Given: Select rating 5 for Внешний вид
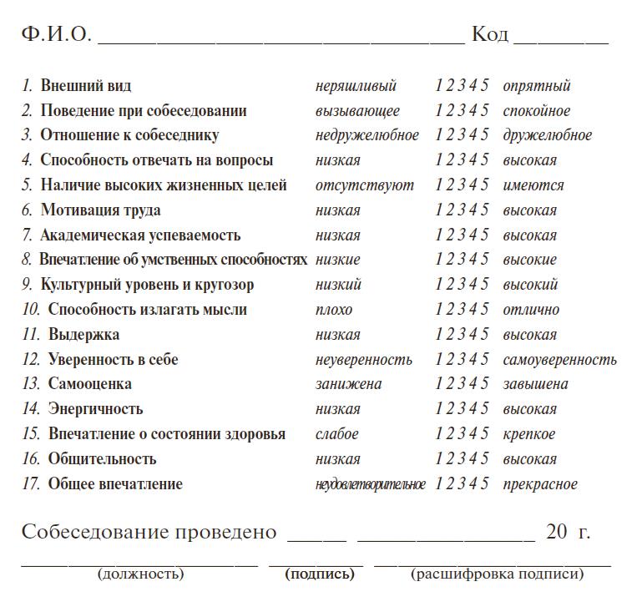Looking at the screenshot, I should pyautogui.click(x=485, y=86).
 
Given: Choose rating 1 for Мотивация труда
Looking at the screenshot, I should pyautogui.click(x=439, y=210).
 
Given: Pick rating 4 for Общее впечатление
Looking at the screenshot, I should pyautogui.click(x=473, y=484).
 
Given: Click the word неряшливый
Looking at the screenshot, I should pyautogui.click(x=356, y=86).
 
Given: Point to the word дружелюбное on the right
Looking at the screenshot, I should pyautogui.click(x=547, y=135).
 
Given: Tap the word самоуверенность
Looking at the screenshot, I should pyautogui.click(x=559, y=360).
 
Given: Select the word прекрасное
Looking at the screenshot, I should pyautogui.click(x=539, y=484).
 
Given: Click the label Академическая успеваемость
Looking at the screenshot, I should pyautogui.click(x=140, y=235).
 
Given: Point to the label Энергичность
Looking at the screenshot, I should pyautogui.click(x=95, y=409).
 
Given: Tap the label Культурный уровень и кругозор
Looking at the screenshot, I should pyautogui.click(x=147, y=285).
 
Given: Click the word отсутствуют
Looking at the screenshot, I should pyautogui.click(x=364, y=185).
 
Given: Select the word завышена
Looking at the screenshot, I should pyautogui.click(x=535, y=384).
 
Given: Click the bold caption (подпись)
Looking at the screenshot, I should pyautogui.click(x=320, y=574).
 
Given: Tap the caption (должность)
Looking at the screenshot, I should pyautogui.click(x=140, y=574).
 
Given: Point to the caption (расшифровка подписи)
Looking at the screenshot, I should pyautogui.click(x=497, y=574).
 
